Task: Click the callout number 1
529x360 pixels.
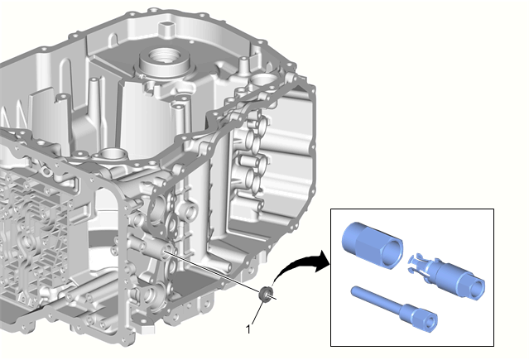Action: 248,329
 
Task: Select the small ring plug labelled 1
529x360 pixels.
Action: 266,293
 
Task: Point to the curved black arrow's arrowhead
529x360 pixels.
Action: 323,261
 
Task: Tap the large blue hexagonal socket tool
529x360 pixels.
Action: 373,245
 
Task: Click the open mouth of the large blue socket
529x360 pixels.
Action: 392,252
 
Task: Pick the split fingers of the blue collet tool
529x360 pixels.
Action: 418,264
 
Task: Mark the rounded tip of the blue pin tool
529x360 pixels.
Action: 353,290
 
